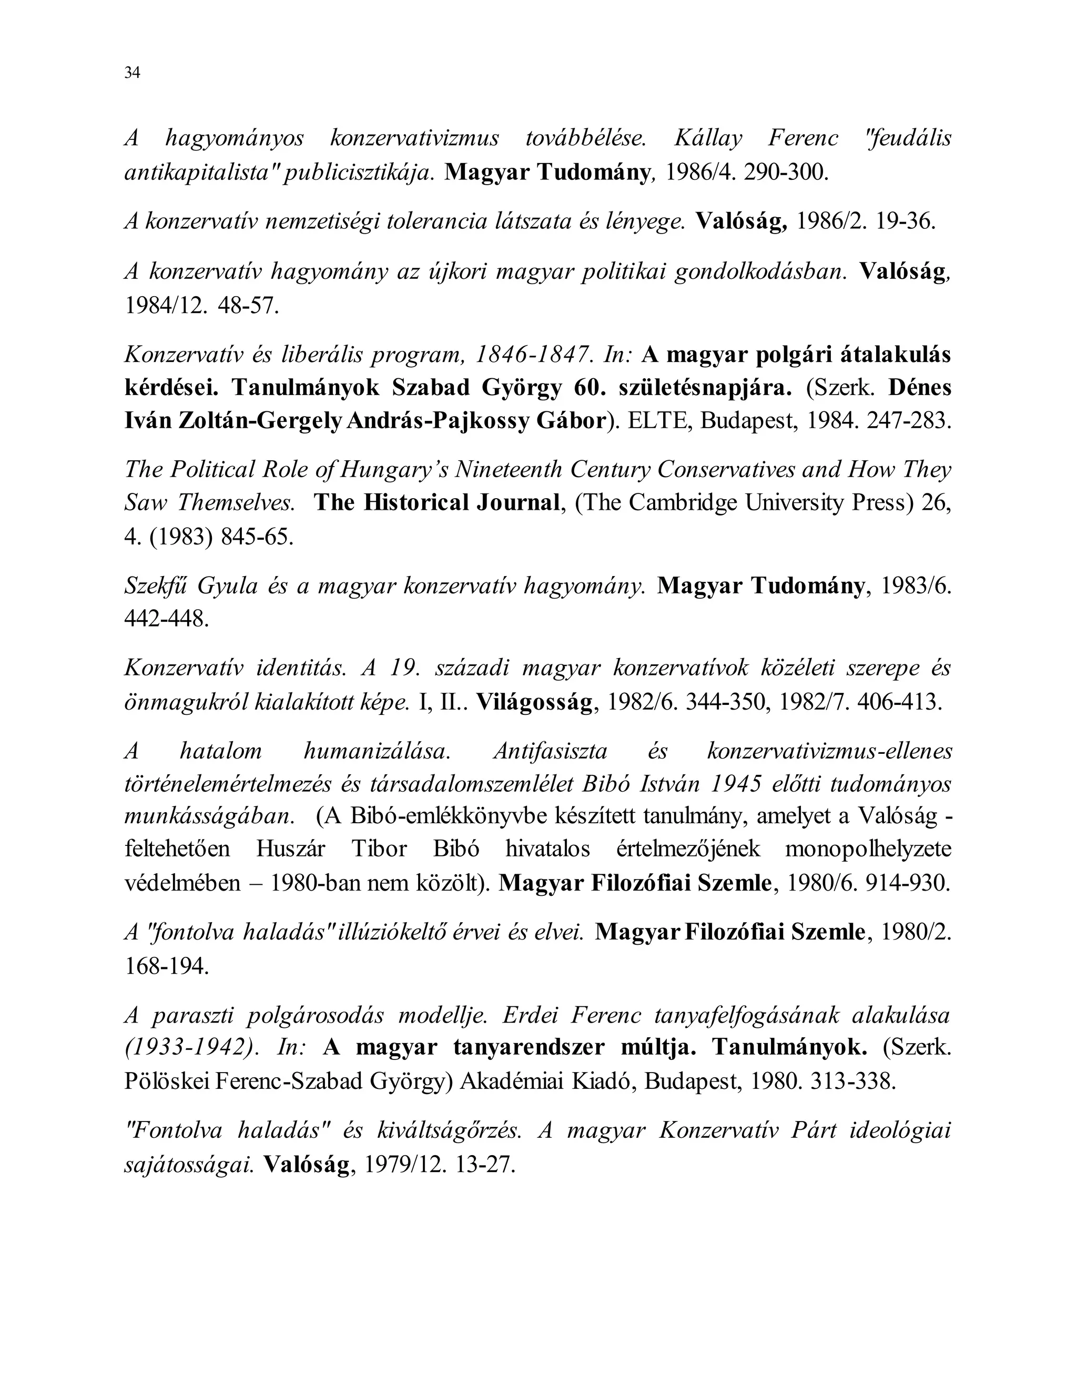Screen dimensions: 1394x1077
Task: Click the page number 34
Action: coord(132,73)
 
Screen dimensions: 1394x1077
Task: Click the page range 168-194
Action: coord(167,966)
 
